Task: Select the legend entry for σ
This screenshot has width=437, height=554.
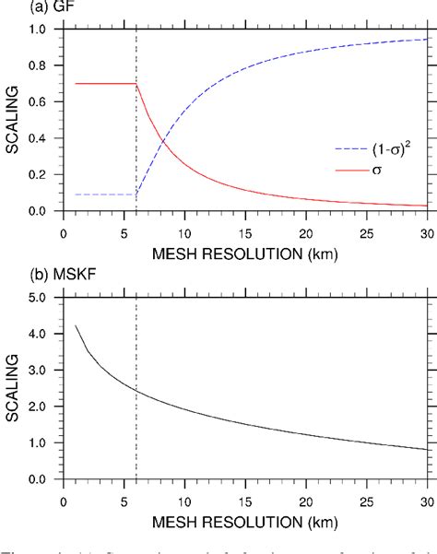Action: pyautogui.click(x=372, y=171)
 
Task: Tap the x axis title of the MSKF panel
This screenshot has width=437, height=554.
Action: pyautogui.click(x=245, y=516)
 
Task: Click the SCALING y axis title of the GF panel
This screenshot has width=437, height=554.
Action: pyautogui.click(x=12, y=120)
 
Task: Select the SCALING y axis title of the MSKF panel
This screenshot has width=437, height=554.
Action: pyautogui.click(x=12, y=388)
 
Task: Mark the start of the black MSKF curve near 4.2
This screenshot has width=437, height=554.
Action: pyautogui.click(x=75, y=325)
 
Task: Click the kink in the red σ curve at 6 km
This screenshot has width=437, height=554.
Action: pyautogui.click(x=136, y=84)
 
